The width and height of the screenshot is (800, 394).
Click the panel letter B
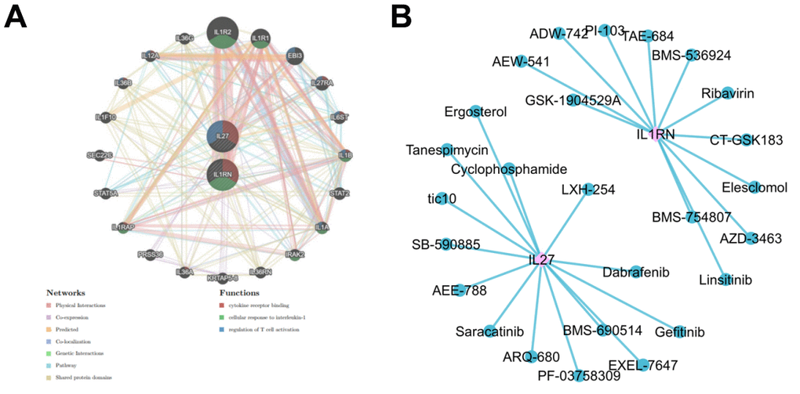coord(425,16)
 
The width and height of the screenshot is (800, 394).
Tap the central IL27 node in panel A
coord(223,136)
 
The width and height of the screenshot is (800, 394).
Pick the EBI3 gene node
coord(295,56)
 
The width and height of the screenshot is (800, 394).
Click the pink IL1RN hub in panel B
coord(656,133)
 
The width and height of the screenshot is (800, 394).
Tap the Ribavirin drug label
coord(728,94)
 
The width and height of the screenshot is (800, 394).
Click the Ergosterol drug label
coord(475,112)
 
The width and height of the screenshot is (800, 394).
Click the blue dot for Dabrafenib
coord(636,270)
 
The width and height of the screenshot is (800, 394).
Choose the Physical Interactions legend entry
coord(78,305)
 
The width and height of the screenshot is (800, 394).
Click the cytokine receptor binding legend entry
coord(259,305)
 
